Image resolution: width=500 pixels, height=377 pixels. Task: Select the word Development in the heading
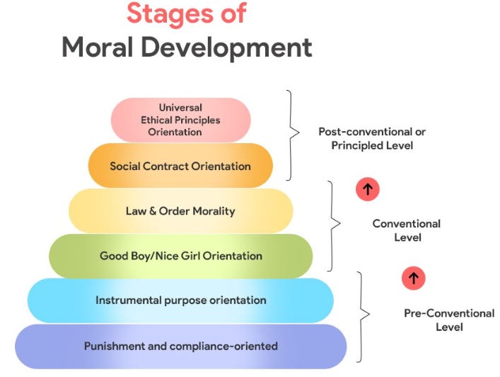point(236,47)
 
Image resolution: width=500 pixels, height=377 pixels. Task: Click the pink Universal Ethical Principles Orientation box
point(180,120)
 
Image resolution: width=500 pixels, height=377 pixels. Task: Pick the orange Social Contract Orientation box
point(180,166)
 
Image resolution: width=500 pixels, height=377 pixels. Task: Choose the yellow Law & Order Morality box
point(180,211)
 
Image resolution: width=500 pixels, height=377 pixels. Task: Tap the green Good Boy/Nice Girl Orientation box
point(180,256)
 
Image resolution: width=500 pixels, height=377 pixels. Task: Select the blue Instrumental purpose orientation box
point(180,300)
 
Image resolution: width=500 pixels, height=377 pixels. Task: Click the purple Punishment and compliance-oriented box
point(180,347)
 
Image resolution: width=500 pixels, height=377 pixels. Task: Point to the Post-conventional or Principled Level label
point(372,138)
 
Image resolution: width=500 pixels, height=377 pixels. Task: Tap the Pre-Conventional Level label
point(448,320)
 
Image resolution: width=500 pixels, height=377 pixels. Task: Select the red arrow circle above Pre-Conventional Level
point(413,278)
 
